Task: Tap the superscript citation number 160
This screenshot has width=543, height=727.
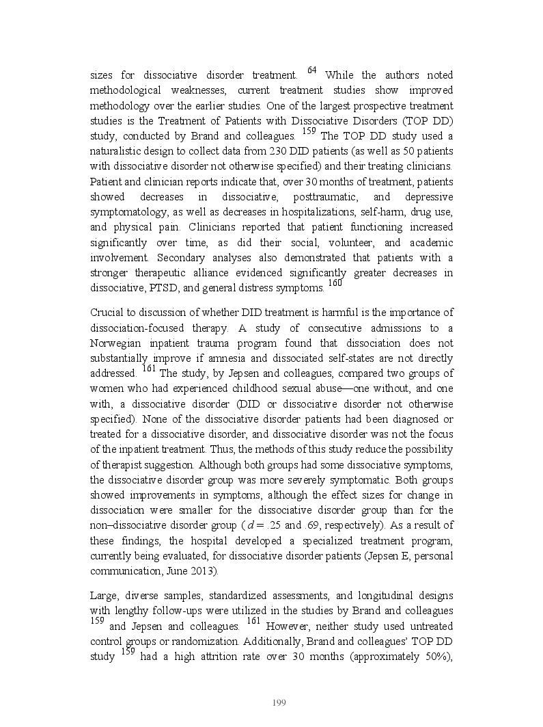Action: (334, 284)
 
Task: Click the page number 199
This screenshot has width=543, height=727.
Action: (278, 703)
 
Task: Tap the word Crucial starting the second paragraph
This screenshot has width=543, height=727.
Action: (106, 313)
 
